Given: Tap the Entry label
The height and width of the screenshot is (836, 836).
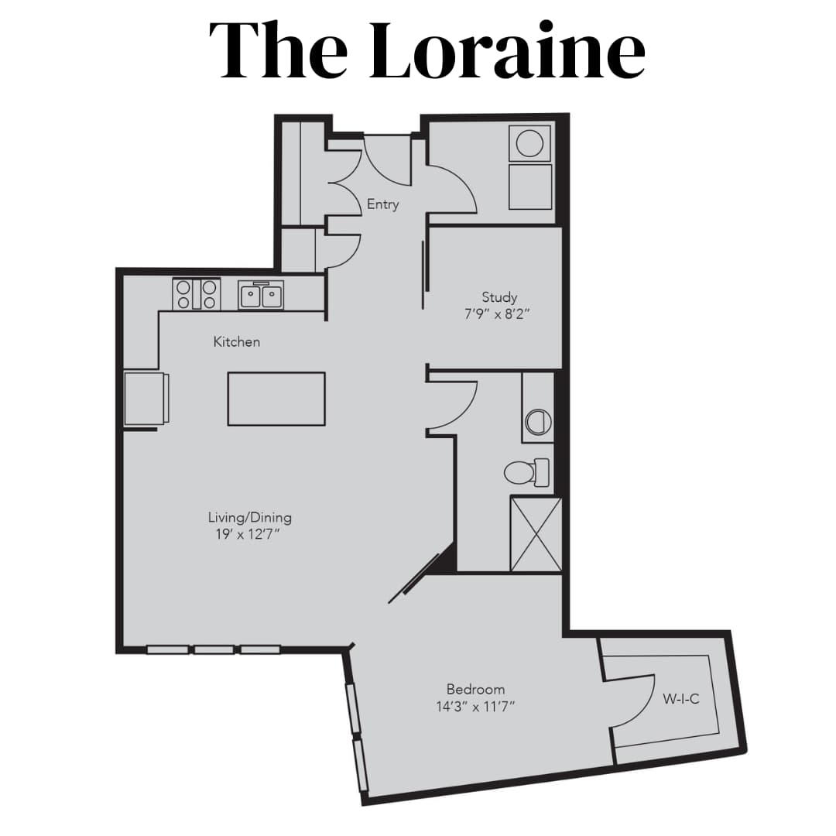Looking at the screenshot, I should click(x=383, y=204).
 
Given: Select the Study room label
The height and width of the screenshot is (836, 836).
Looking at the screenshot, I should click(x=499, y=296).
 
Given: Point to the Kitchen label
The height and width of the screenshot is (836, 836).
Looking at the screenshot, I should click(x=237, y=341).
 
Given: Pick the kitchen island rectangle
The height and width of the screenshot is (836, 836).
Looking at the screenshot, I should click(x=276, y=399).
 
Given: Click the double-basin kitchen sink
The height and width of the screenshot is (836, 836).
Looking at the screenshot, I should click(x=261, y=295).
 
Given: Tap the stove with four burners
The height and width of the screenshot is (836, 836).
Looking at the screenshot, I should click(x=196, y=294).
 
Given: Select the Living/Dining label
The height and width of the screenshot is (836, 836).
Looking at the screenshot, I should click(x=249, y=517).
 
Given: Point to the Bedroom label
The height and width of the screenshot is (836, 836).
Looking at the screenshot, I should click(x=475, y=689).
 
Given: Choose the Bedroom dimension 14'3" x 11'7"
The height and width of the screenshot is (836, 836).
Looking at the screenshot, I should click(x=475, y=707).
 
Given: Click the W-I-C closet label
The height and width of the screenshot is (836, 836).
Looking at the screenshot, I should click(x=681, y=699).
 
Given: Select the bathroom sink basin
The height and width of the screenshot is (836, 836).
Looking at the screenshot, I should click(x=537, y=421).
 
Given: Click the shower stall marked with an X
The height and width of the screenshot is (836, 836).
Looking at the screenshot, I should click(x=536, y=534).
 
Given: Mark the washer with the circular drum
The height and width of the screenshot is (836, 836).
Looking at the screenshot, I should click(x=530, y=143).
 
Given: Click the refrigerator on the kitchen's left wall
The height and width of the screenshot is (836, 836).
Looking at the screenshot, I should click(x=146, y=399).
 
